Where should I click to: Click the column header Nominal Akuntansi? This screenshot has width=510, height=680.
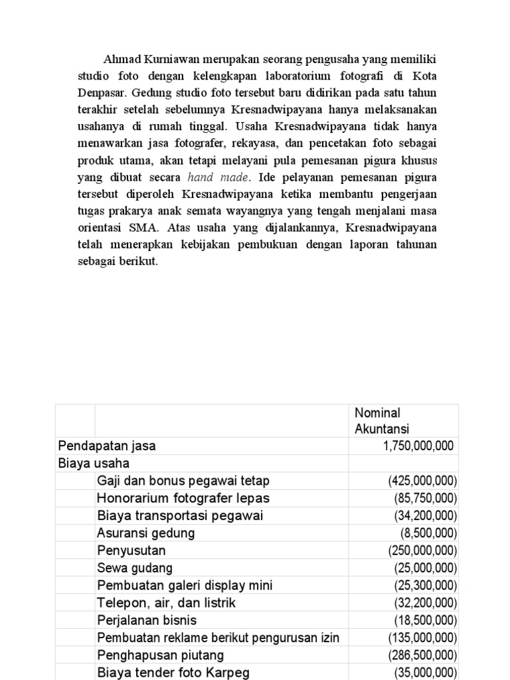point(382,421)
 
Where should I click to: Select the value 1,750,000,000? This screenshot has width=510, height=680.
point(418,446)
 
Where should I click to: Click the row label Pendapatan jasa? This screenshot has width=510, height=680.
point(107,446)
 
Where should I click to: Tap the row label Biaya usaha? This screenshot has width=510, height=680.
point(94,464)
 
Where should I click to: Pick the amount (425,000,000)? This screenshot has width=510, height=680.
point(422,481)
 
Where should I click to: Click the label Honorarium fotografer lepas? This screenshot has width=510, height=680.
point(183,498)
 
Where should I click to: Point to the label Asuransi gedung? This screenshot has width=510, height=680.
point(146,533)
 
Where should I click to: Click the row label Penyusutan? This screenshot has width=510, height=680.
point(131,550)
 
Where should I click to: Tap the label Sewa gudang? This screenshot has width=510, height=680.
point(135,568)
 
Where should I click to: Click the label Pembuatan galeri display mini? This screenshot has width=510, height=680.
point(185,585)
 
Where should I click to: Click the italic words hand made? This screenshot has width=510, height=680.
point(219,177)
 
